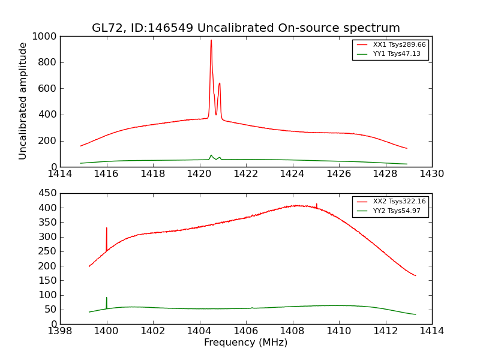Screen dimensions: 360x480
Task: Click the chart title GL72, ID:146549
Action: (245, 28)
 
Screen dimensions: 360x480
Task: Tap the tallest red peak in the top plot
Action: (211, 41)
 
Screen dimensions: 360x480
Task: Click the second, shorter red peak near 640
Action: (220, 84)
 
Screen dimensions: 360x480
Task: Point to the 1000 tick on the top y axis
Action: (46, 36)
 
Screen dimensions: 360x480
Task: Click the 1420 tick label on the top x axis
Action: (199, 174)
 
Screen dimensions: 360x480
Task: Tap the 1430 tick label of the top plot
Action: (431, 174)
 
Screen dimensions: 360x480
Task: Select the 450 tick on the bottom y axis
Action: (48, 193)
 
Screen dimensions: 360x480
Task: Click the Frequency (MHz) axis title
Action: (245, 343)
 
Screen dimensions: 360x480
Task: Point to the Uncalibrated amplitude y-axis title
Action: (23, 101)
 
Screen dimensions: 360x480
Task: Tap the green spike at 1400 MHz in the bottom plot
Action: (107, 299)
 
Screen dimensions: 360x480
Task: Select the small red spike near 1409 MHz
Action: (316, 205)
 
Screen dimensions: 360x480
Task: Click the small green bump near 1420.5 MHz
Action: (211, 155)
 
